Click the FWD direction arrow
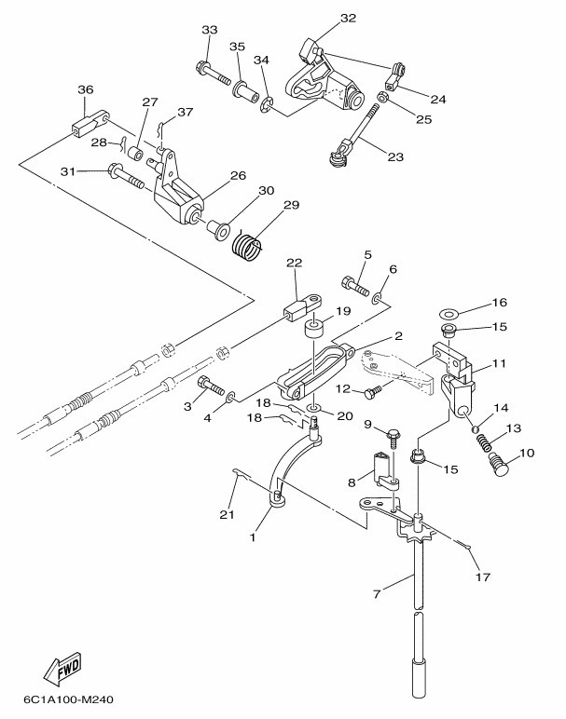[62, 668]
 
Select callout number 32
[322, 18]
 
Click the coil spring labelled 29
[247, 245]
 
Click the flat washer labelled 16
[447, 309]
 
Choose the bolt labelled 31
[127, 174]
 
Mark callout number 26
[238, 175]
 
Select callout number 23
[394, 157]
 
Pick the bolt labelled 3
[212, 385]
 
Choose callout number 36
[86, 89]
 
